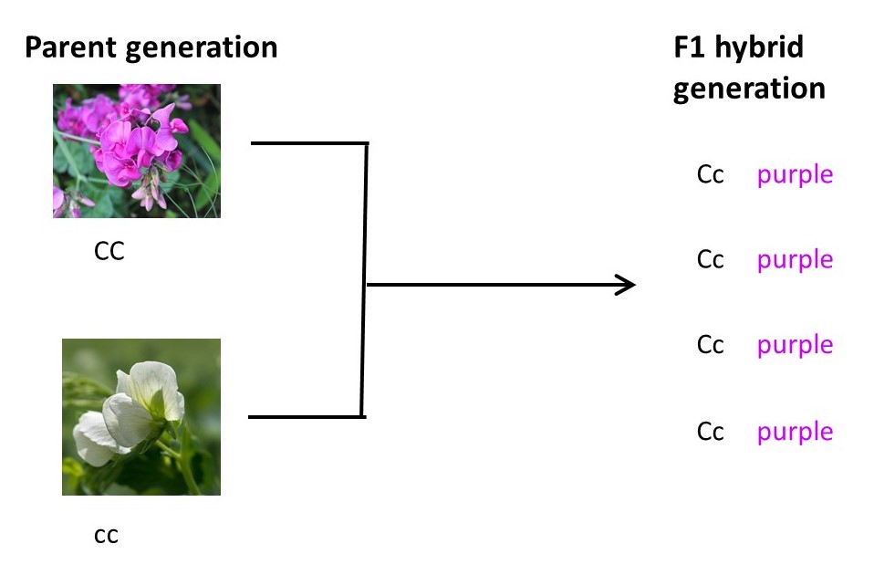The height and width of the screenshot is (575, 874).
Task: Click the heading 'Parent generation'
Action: pos(151,47)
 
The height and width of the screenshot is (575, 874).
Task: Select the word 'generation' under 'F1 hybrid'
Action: pos(749,89)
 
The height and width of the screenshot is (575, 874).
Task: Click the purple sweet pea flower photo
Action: pos(136,151)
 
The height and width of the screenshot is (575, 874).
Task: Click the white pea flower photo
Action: pos(140,416)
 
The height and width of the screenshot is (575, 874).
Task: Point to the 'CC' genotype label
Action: pos(109,251)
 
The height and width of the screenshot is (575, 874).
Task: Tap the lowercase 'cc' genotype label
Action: pos(107,535)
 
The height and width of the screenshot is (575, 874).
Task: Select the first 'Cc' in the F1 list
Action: pos(710,174)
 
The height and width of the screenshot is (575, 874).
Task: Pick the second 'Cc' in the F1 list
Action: pos(710,260)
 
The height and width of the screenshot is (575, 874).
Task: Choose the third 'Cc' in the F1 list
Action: pos(710,345)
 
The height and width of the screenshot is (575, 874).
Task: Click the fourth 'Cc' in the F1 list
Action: pos(710,431)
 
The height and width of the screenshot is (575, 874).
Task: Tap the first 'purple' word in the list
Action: pos(795,175)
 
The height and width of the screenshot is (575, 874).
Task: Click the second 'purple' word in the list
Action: pos(795,261)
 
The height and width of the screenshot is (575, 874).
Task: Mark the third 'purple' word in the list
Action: pos(795,346)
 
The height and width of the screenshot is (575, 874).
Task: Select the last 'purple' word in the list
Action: pos(795,432)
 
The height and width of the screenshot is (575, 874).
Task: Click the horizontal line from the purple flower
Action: pos(307,143)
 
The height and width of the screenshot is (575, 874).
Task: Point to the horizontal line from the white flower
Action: pos(305,417)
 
